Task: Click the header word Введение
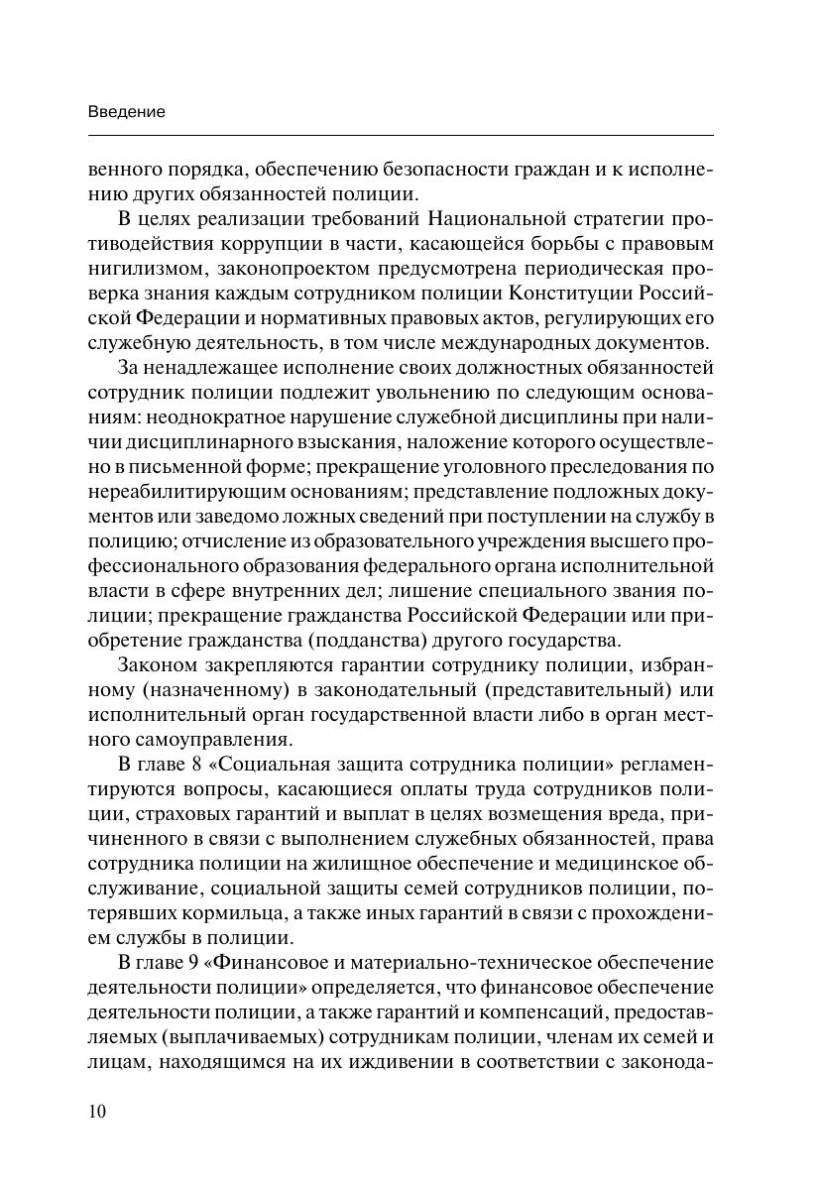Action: (x=126, y=112)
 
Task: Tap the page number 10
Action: (x=97, y=1110)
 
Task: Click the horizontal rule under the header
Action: (x=401, y=135)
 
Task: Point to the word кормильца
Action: (x=283, y=912)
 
